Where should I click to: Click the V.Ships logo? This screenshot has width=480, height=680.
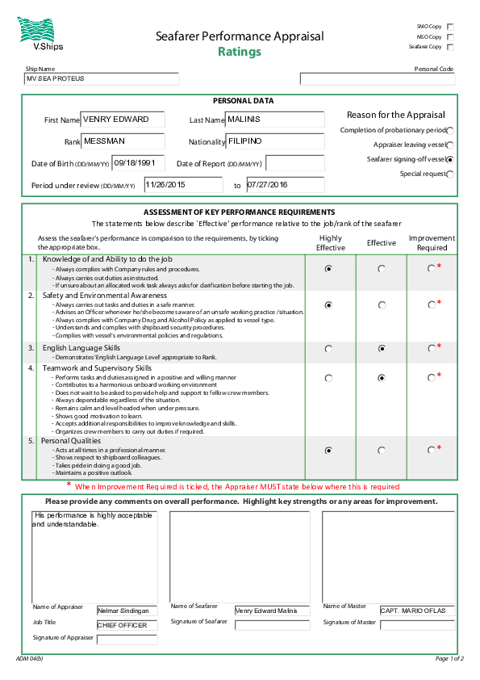[x=36, y=35]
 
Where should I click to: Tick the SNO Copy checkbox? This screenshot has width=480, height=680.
[x=450, y=27]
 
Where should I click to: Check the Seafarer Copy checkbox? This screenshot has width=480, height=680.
[x=450, y=47]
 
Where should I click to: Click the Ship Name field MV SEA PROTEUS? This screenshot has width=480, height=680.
[x=102, y=79]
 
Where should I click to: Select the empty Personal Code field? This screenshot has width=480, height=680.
[x=377, y=79]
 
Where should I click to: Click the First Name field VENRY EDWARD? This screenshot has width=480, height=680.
[x=123, y=120]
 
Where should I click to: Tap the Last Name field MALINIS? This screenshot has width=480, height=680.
[x=274, y=120]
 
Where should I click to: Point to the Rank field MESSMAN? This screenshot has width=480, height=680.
[x=123, y=141]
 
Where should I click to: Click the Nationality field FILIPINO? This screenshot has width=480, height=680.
[x=274, y=141]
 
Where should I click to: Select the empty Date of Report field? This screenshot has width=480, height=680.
[x=294, y=163]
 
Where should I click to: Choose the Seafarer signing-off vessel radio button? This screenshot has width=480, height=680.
[x=449, y=159]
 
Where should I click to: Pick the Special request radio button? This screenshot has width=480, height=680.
[x=449, y=174]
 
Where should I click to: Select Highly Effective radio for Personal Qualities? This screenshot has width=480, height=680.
[x=328, y=451]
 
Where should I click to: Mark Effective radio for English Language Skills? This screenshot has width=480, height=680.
[x=381, y=349]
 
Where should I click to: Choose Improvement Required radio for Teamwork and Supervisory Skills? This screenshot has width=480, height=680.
[x=432, y=377]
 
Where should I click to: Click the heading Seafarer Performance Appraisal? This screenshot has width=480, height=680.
[x=240, y=36]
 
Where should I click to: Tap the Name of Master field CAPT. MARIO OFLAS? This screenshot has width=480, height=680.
[x=417, y=611]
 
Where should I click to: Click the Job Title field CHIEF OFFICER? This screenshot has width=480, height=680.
[x=127, y=625]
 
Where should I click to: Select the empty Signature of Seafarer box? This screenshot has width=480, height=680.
[x=272, y=625]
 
